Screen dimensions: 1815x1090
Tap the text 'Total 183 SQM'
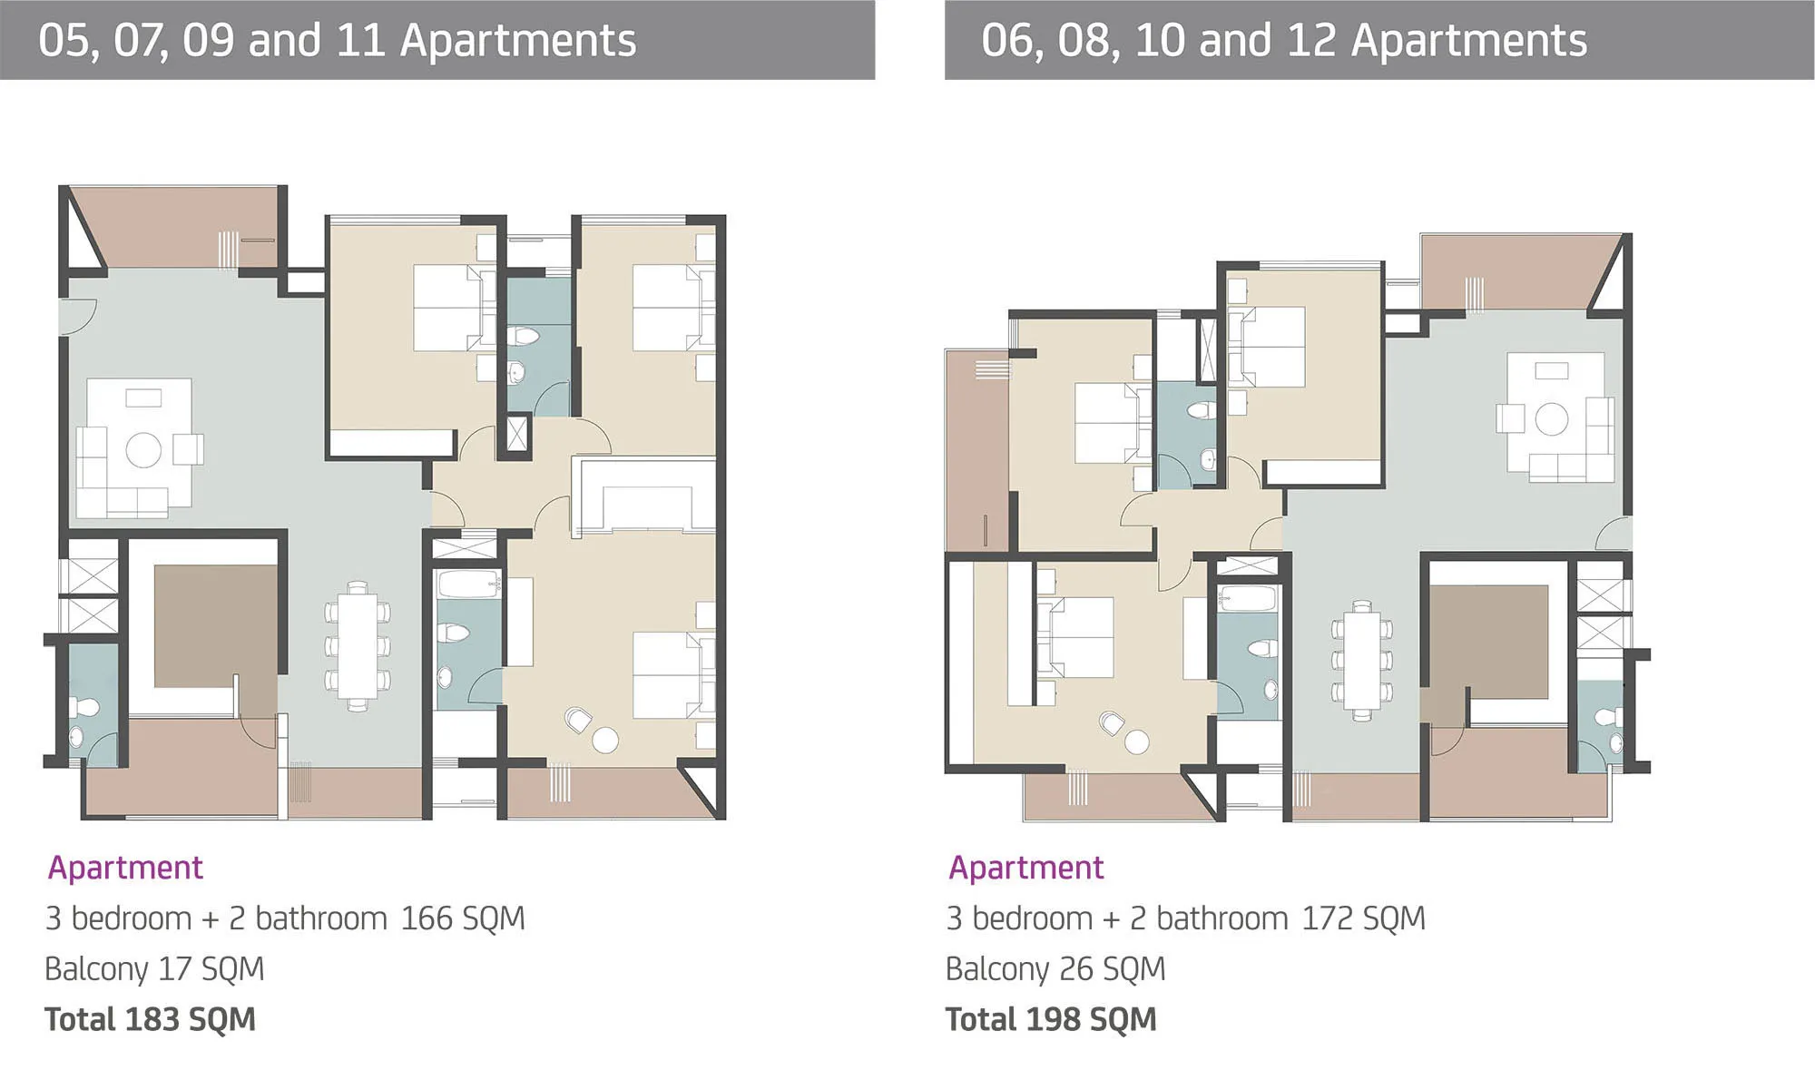[x=150, y=1019]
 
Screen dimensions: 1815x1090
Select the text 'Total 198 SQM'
[x=1051, y=1019]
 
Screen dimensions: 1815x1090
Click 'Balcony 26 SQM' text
[x=1055, y=969]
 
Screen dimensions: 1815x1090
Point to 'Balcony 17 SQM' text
[x=154, y=969]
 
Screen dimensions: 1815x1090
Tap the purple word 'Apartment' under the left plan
[x=125, y=869]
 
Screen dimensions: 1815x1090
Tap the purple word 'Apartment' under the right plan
[x=1026, y=869]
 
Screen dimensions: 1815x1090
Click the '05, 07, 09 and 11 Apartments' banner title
[x=338, y=41]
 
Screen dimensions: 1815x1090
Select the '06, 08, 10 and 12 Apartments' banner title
[x=1284, y=41]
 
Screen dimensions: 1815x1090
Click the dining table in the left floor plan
[x=358, y=646]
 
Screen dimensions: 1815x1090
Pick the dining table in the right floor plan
[x=1362, y=660]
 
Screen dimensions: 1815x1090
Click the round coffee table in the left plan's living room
[x=143, y=450]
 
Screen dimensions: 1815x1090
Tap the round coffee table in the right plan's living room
[x=1551, y=419]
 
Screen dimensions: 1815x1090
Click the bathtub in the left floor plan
[x=469, y=584]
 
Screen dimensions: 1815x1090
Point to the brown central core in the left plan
[x=215, y=626]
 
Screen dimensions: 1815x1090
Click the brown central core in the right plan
[x=1489, y=642]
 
